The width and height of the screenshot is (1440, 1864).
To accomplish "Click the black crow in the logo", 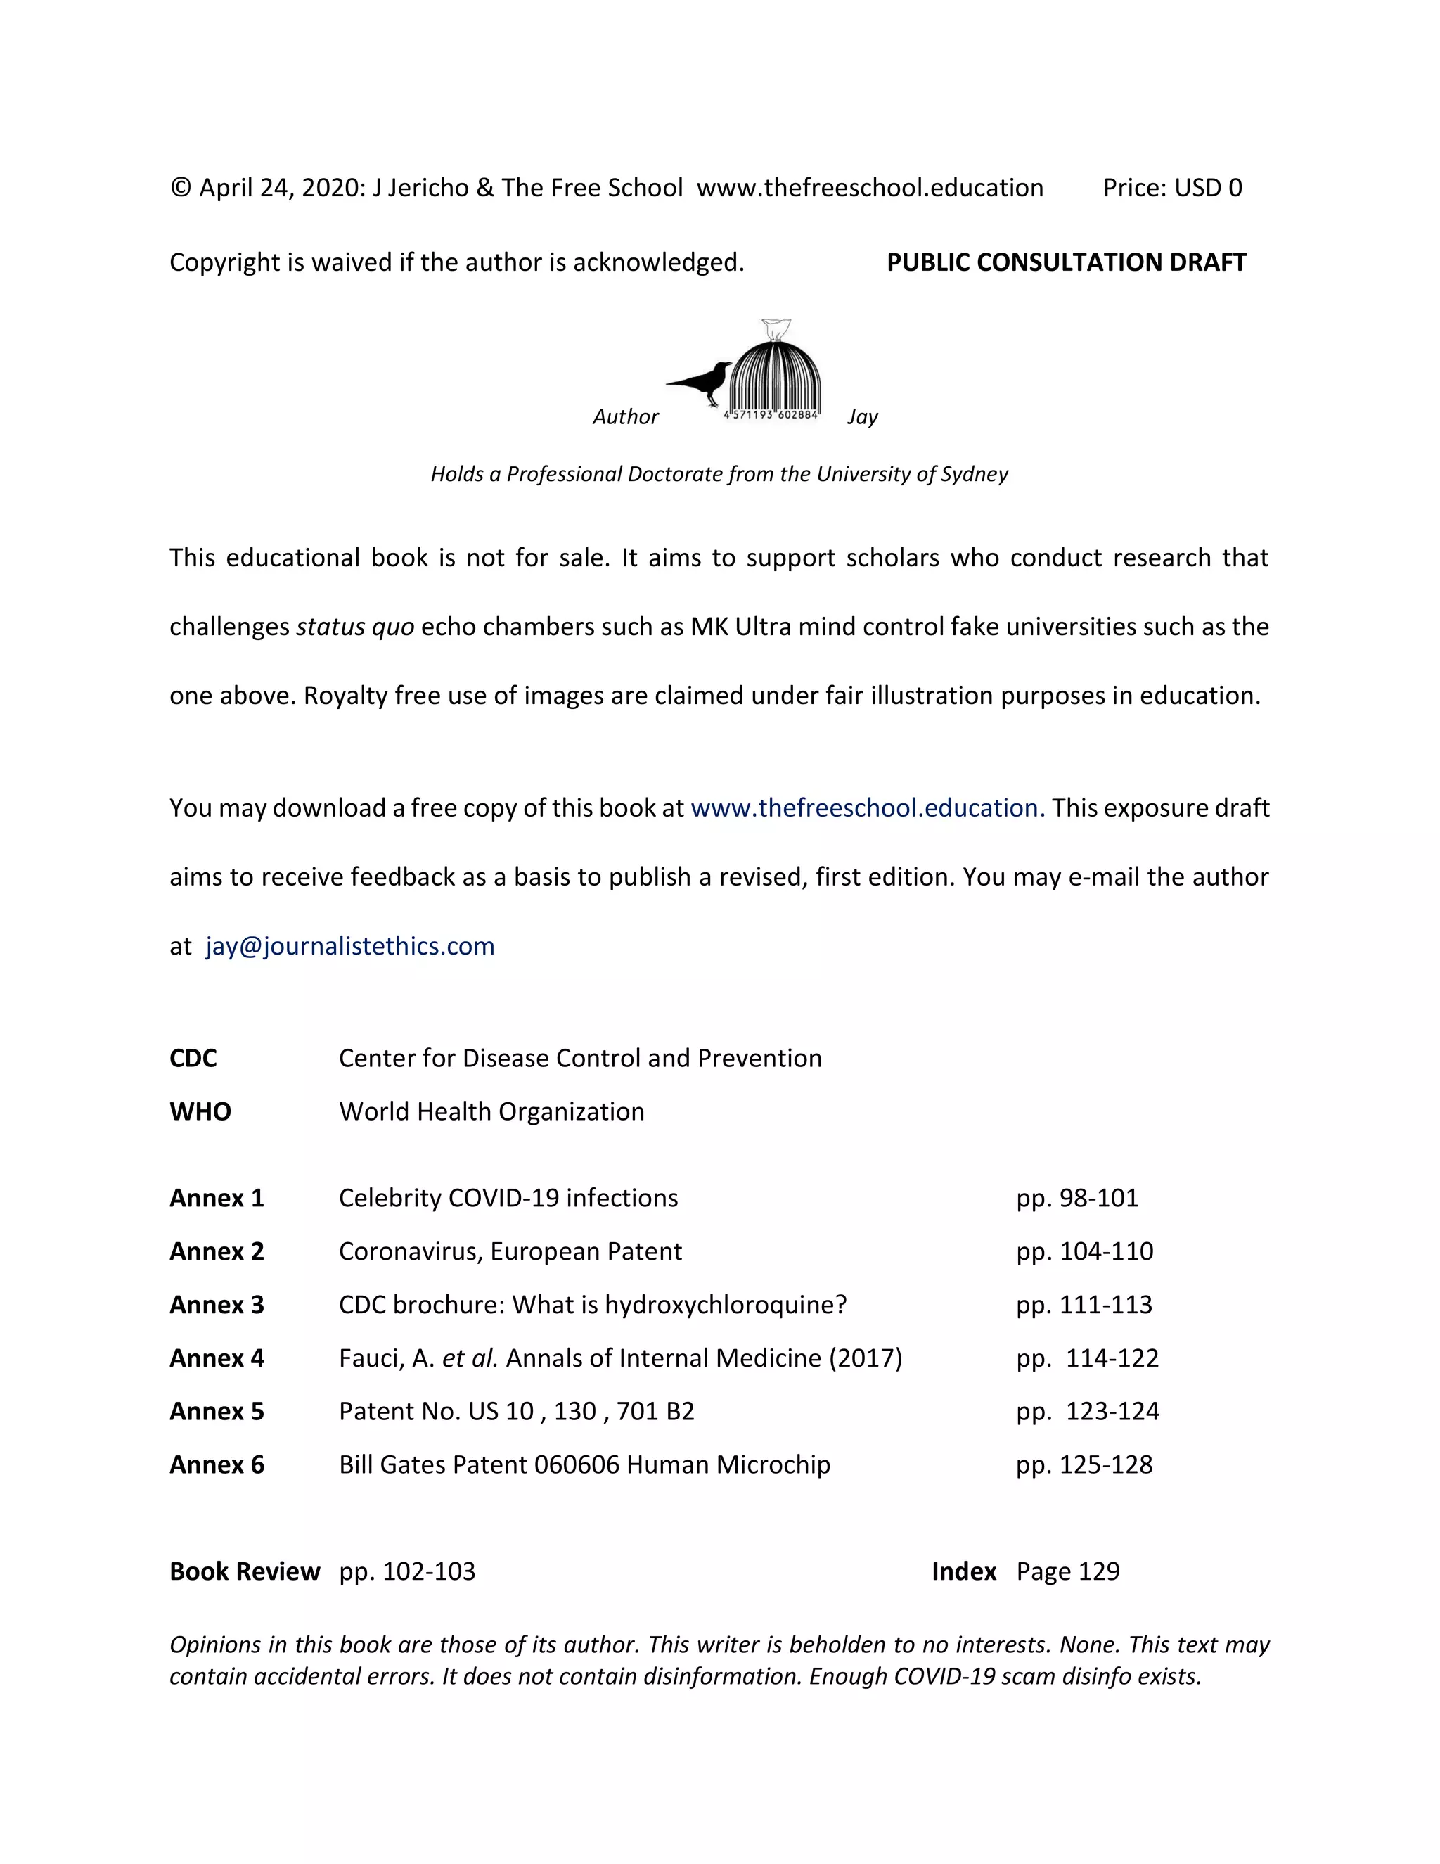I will pos(705,381).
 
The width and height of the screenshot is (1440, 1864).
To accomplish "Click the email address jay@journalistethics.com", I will pos(349,945).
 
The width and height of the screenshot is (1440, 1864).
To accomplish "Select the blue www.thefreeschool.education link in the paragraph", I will pos(867,807).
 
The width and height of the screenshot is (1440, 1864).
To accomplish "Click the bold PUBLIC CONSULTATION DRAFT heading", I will pos(1067,262).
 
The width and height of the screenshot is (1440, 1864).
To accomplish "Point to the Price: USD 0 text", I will pos(1172,188).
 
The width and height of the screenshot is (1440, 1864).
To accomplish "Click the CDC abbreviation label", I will pos(193,1059).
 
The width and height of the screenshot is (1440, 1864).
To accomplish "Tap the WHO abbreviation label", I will pos(200,1111).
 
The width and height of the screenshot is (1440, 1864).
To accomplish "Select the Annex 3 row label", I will pos(217,1305).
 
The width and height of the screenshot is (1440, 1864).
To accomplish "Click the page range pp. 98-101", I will pos(1076,1199).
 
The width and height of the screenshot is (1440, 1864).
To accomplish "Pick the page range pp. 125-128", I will pos(1084,1464).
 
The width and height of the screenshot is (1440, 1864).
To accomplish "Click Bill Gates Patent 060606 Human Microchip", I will pos(584,1464).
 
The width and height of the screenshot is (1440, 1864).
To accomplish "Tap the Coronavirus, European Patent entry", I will pos(510,1251).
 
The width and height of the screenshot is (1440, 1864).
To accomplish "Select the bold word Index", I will pos(964,1571).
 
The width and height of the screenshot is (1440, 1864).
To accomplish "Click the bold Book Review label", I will pos(245,1571).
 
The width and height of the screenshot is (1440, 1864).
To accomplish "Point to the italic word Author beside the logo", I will pos(625,416).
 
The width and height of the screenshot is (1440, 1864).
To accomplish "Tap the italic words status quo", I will pos(355,627).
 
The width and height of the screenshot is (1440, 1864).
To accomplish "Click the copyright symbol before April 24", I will pos(180,188).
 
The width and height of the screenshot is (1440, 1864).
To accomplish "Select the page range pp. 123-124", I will pos(1087,1412).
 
